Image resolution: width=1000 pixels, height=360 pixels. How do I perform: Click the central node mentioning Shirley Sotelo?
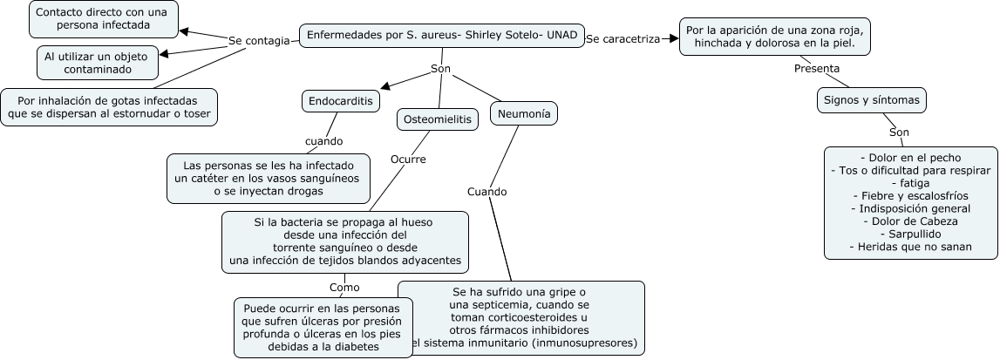[x=441, y=37]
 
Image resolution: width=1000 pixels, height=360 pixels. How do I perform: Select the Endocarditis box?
[x=341, y=101]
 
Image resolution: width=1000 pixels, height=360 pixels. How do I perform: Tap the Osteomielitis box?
[x=438, y=119]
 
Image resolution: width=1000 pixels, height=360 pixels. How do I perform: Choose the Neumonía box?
[x=524, y=113]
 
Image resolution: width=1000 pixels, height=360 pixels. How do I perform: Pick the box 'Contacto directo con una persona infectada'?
[x=104, y=19]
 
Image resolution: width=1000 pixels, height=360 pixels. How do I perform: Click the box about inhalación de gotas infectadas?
[x=109, y=106]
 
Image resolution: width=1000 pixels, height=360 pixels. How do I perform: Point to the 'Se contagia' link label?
[x=259, y=41]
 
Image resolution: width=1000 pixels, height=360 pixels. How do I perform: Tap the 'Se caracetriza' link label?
[x=622, y=39]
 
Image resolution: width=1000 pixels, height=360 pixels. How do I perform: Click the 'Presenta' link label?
[x=817, y=68]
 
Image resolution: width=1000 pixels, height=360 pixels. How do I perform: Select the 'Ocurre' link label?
[x=408, y=160]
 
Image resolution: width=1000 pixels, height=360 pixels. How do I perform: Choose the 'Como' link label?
[x=344, y=287]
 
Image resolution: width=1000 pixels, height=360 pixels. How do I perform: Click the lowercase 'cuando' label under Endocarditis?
[x=323, y=140]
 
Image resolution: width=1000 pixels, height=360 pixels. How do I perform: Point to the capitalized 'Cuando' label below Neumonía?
[x=486, y=192]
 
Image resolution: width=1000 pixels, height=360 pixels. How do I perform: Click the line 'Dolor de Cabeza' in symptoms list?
[x=910, y=221]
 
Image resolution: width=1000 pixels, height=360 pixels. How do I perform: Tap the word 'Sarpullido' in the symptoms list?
[x=910, y=234]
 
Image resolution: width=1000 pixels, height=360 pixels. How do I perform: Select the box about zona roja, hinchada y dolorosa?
[x=777, y=37]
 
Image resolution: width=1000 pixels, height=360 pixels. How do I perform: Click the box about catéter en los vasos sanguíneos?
[x=269, y=178]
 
